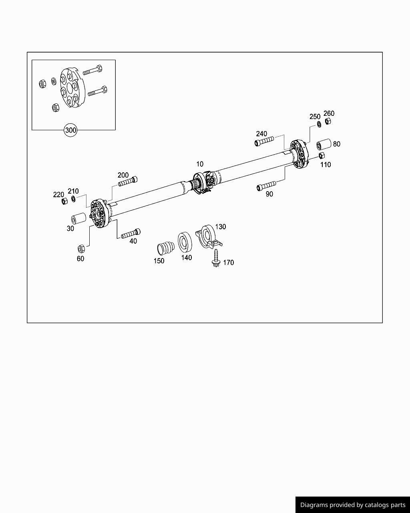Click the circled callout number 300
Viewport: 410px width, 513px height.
[x=70, y=130]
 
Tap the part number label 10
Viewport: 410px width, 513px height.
[x=199, y=164]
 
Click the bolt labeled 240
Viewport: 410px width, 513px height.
[x=264, y=141]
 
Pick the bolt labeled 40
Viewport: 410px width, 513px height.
[x=131, y=233]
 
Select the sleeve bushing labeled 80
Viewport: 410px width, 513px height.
[x=323, y=144]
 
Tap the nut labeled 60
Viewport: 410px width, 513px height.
[x=80, y=248]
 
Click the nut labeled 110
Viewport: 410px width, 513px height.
[x=321, y=156]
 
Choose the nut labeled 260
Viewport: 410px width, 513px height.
[x=328, y=121]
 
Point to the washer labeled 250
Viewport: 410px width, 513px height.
[x=319, y=124]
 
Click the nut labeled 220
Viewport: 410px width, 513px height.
[x=64, y=201]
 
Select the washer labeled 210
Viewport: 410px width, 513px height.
[x=73, y=199]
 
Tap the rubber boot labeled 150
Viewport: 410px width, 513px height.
[x=165, y=248]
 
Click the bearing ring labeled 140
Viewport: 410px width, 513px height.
[x=185, y=242]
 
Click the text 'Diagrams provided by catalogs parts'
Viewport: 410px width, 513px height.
[x=353, y=505]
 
